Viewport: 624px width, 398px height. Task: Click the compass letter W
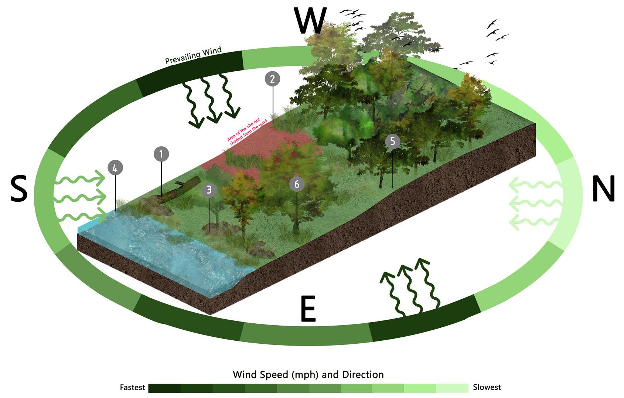click(x=311, y=21)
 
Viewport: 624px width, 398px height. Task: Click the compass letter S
click(x=18, y=189)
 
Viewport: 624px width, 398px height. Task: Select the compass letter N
click(x=603, y=188)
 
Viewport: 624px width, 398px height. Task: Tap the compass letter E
click(x=308, y=309)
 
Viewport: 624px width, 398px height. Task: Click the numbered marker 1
click(x=161, y=154)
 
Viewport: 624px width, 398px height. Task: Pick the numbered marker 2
click(x=272, y=79)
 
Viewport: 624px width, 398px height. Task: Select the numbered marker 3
click(x=209, y=190)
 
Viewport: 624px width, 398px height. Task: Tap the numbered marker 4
click(x=115, y=168)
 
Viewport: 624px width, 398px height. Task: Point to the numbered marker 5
click(x=392, y=141)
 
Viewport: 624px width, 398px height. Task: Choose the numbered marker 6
click(x=297, y=184)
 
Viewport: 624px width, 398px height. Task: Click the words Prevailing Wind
click(x=193, y=55)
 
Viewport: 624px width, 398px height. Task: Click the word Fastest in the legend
click(x=132, y=388)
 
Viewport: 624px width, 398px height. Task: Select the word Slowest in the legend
click(x=487, y=387)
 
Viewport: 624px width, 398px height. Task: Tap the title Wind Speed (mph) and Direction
click(x=308, y=374)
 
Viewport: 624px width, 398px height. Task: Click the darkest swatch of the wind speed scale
click(x=164, y=388)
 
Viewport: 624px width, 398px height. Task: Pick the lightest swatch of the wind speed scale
click(x=452, y=388)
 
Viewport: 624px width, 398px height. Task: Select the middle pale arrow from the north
click(x=536, y=203)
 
